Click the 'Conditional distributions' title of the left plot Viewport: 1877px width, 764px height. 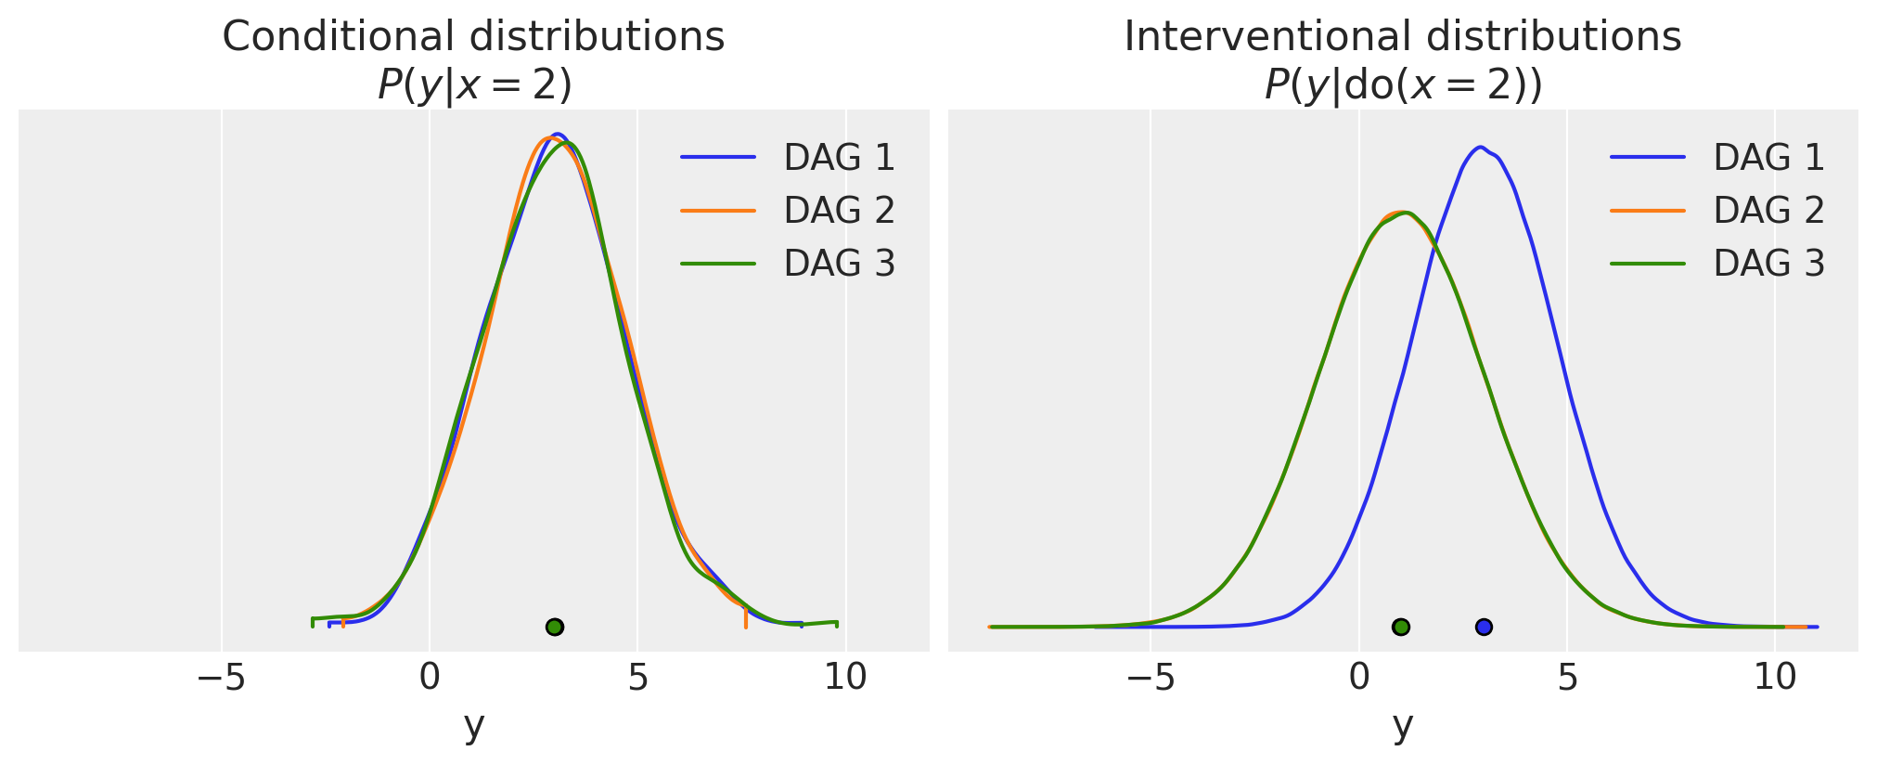point(473,37)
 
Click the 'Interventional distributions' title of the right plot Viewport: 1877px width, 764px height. point(1402,37)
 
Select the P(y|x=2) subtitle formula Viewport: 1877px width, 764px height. point(474,85)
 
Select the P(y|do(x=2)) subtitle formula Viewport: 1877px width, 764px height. point(1402,85)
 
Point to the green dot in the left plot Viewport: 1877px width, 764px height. point(555,627)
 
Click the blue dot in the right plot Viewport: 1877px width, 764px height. point(1484,627)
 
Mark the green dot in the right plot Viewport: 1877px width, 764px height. point(1401,627)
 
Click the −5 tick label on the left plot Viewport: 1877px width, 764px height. point(221,679)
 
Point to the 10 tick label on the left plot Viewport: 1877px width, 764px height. point(845,679)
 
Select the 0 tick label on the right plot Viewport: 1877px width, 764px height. point(1359,679)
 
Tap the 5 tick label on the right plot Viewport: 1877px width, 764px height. point(1567,679)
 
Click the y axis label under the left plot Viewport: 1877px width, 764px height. point(474,725)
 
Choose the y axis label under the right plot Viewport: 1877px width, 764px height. point(1403,725)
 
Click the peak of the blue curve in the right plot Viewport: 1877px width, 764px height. point(1481,147)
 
